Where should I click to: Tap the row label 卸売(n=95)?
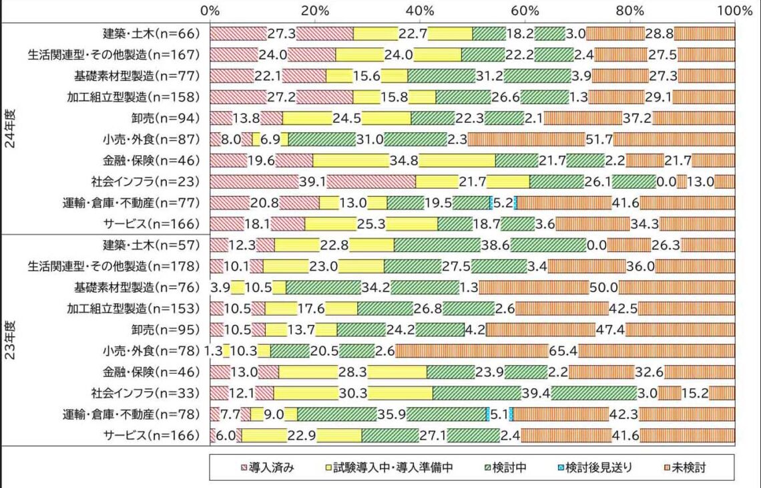point(166,330)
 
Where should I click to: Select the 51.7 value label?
point(598,139)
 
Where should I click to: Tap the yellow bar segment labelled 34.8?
point(404,160)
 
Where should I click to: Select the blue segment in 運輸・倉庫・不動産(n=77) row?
point(491,203)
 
